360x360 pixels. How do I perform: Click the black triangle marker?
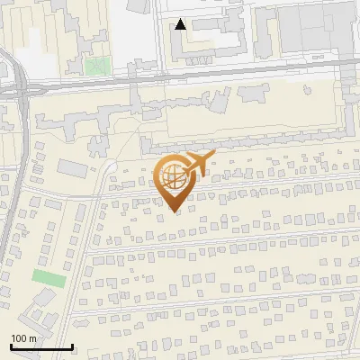pyautogui.click(x=181, y=24)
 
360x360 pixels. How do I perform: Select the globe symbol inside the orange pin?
pyautogui.click(x=171, y=179)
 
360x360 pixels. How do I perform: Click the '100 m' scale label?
pyautogui.click(x=23, y=337)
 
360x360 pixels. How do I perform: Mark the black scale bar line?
pyautogui.click(x=41, y=346)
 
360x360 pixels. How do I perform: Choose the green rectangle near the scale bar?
pyautogui.click(x=49, y=278)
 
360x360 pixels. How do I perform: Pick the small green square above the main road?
pyautogui.click(x=97, y=66)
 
